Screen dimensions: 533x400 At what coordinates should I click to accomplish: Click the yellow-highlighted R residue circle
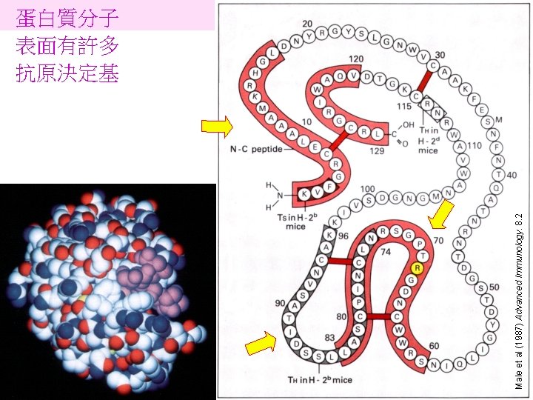pyautogui.click(x=418, y=268)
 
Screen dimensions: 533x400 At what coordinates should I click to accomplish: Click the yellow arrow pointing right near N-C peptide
pyautogui.click(x=217, y=127)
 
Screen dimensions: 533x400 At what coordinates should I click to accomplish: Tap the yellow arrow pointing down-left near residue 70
pyautogui.click(x=441, y=216)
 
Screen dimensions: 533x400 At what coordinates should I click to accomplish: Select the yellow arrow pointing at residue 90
pyautogui.click(x=260, y=344)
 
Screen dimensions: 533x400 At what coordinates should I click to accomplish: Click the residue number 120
pyautogui.click(x=356, y=59)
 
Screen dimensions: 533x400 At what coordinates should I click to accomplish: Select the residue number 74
pyautogui.click(x=385, y=252)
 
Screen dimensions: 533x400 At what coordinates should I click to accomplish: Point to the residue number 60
pyautogui.click(x=434, y=345)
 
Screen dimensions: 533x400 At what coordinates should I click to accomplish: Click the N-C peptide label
pyautogui.click(x=255, y=150)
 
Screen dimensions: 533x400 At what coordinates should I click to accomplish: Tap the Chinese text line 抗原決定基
pyautogui.click(x=67, y=73)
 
